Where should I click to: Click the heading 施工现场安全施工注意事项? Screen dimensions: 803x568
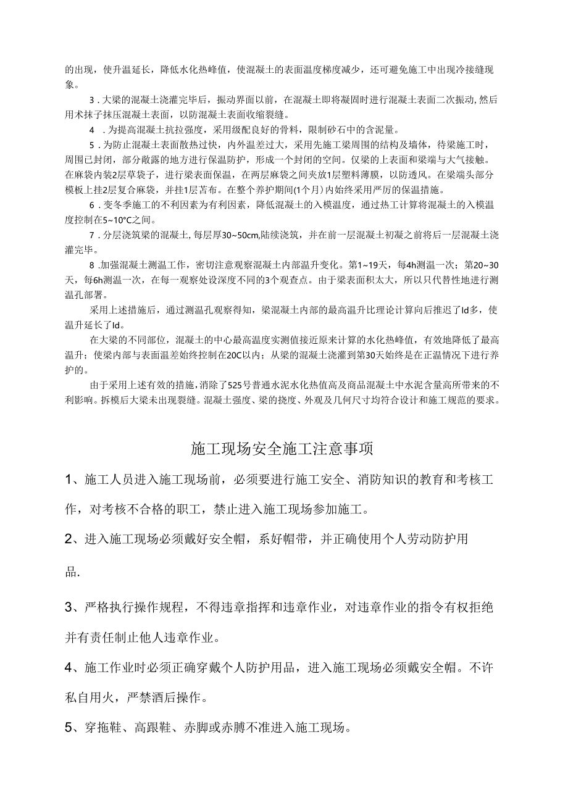tap(283, 449)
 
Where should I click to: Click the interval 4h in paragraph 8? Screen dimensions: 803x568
tap(406, 265)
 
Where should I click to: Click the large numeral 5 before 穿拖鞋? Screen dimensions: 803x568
tap(70, 728)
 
